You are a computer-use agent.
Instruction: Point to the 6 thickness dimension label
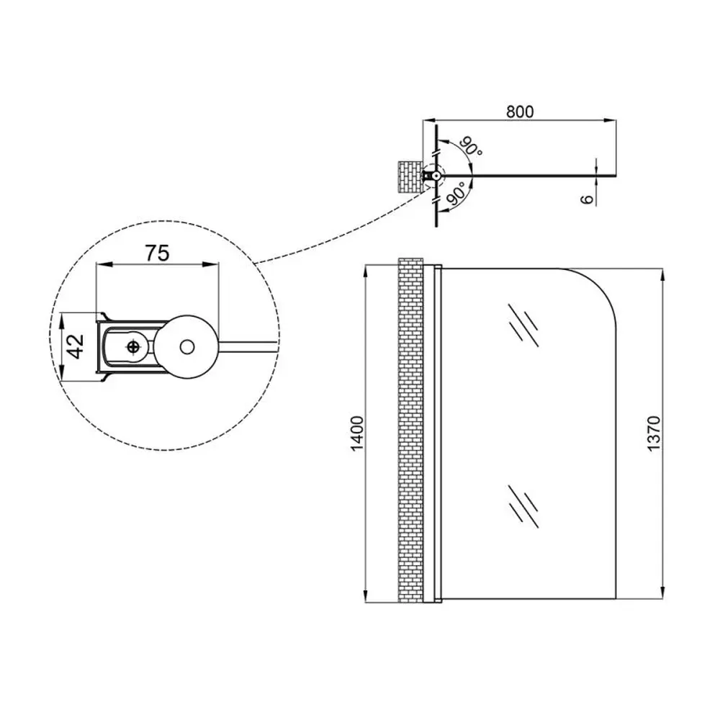pyautogui.click(x=588, y=198)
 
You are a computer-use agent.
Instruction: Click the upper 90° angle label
pyautogui.click(x=472, y=148)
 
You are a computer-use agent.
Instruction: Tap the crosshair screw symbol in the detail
pyautogui.click(x=133, y=347)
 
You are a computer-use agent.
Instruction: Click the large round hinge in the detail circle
pyautogui.click(x=188, y=346)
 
